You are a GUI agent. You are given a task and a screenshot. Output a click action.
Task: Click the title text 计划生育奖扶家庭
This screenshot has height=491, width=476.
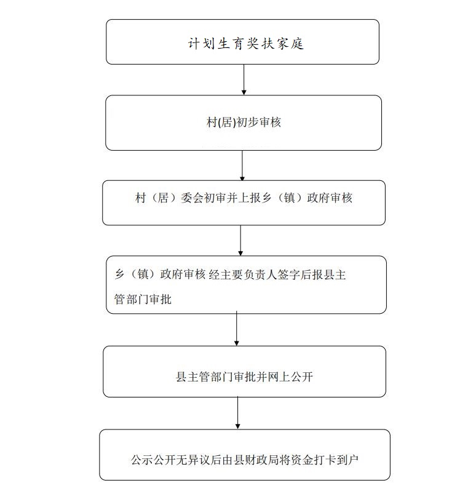coord(245,44)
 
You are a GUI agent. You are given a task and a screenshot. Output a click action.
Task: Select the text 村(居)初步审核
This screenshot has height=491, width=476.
coord(244,122)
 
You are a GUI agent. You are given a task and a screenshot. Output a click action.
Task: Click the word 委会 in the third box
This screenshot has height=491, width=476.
coord(192,198)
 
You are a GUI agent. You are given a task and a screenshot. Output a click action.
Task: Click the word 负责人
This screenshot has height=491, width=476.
coord(260,274)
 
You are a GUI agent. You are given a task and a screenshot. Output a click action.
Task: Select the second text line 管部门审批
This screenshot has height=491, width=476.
coord(143,299)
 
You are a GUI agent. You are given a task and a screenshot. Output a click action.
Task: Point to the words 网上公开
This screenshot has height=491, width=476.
coord(290,377)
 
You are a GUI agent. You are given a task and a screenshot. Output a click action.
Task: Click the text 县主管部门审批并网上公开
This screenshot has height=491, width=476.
coord(244,377)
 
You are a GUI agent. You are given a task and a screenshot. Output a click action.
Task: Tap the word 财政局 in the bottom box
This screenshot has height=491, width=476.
coord(262,460)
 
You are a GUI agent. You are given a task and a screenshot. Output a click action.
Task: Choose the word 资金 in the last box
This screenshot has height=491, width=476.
coord(302,460)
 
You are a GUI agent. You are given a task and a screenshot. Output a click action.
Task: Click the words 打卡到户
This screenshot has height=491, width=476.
coord(336,460)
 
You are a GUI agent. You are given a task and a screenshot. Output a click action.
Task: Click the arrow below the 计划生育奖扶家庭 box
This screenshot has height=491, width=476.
coord(244,79)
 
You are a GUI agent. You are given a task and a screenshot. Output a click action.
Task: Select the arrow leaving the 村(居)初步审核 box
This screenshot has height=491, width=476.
coord(242,166)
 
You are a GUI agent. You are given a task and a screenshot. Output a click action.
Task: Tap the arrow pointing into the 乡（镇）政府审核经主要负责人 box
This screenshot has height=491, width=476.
coord(240,240)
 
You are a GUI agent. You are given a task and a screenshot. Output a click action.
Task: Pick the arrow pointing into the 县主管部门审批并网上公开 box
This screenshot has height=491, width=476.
coord(237,328)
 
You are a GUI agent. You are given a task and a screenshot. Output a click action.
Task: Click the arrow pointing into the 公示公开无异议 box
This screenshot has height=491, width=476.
coord(237,413)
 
